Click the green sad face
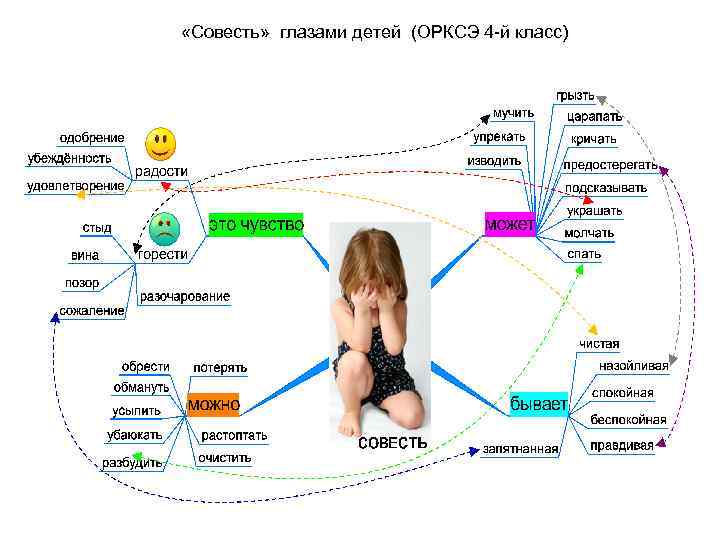(164, 229)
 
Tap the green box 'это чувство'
(256, 225)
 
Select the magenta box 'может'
(510, 224)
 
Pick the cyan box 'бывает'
(539, 404)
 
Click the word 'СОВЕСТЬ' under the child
(393, 442)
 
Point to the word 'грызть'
(575, 96)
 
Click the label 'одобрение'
(92, 137)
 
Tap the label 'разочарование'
(185, 296)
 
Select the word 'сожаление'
(92, 311)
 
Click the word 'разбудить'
(132, 463)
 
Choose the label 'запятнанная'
(520, 449)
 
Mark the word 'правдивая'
(621, 445)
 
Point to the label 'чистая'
(599, 344)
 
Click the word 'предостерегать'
(610, 164)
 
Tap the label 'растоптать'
(233, 436)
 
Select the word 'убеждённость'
(68, 158)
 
